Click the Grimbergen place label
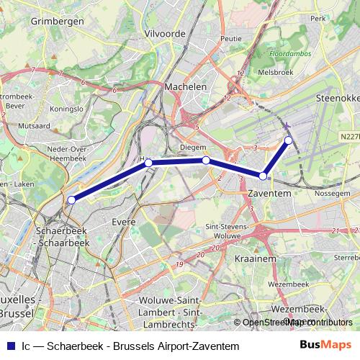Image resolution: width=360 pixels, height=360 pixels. [x=58, y=22]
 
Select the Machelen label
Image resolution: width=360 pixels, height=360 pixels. [x=186, y=86]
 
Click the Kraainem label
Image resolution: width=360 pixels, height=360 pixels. [x=251, y=257]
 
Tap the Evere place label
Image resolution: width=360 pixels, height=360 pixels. [x=124, y=222]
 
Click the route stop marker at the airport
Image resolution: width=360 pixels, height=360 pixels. [x=288, y=140]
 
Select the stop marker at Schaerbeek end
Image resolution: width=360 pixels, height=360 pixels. [x=71, y=199]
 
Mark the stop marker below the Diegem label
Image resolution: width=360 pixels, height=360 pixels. [x=206, y=160]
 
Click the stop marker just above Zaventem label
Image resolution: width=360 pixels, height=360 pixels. [x=264, y=176]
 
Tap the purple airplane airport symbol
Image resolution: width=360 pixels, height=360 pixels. [x=287, y=127]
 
